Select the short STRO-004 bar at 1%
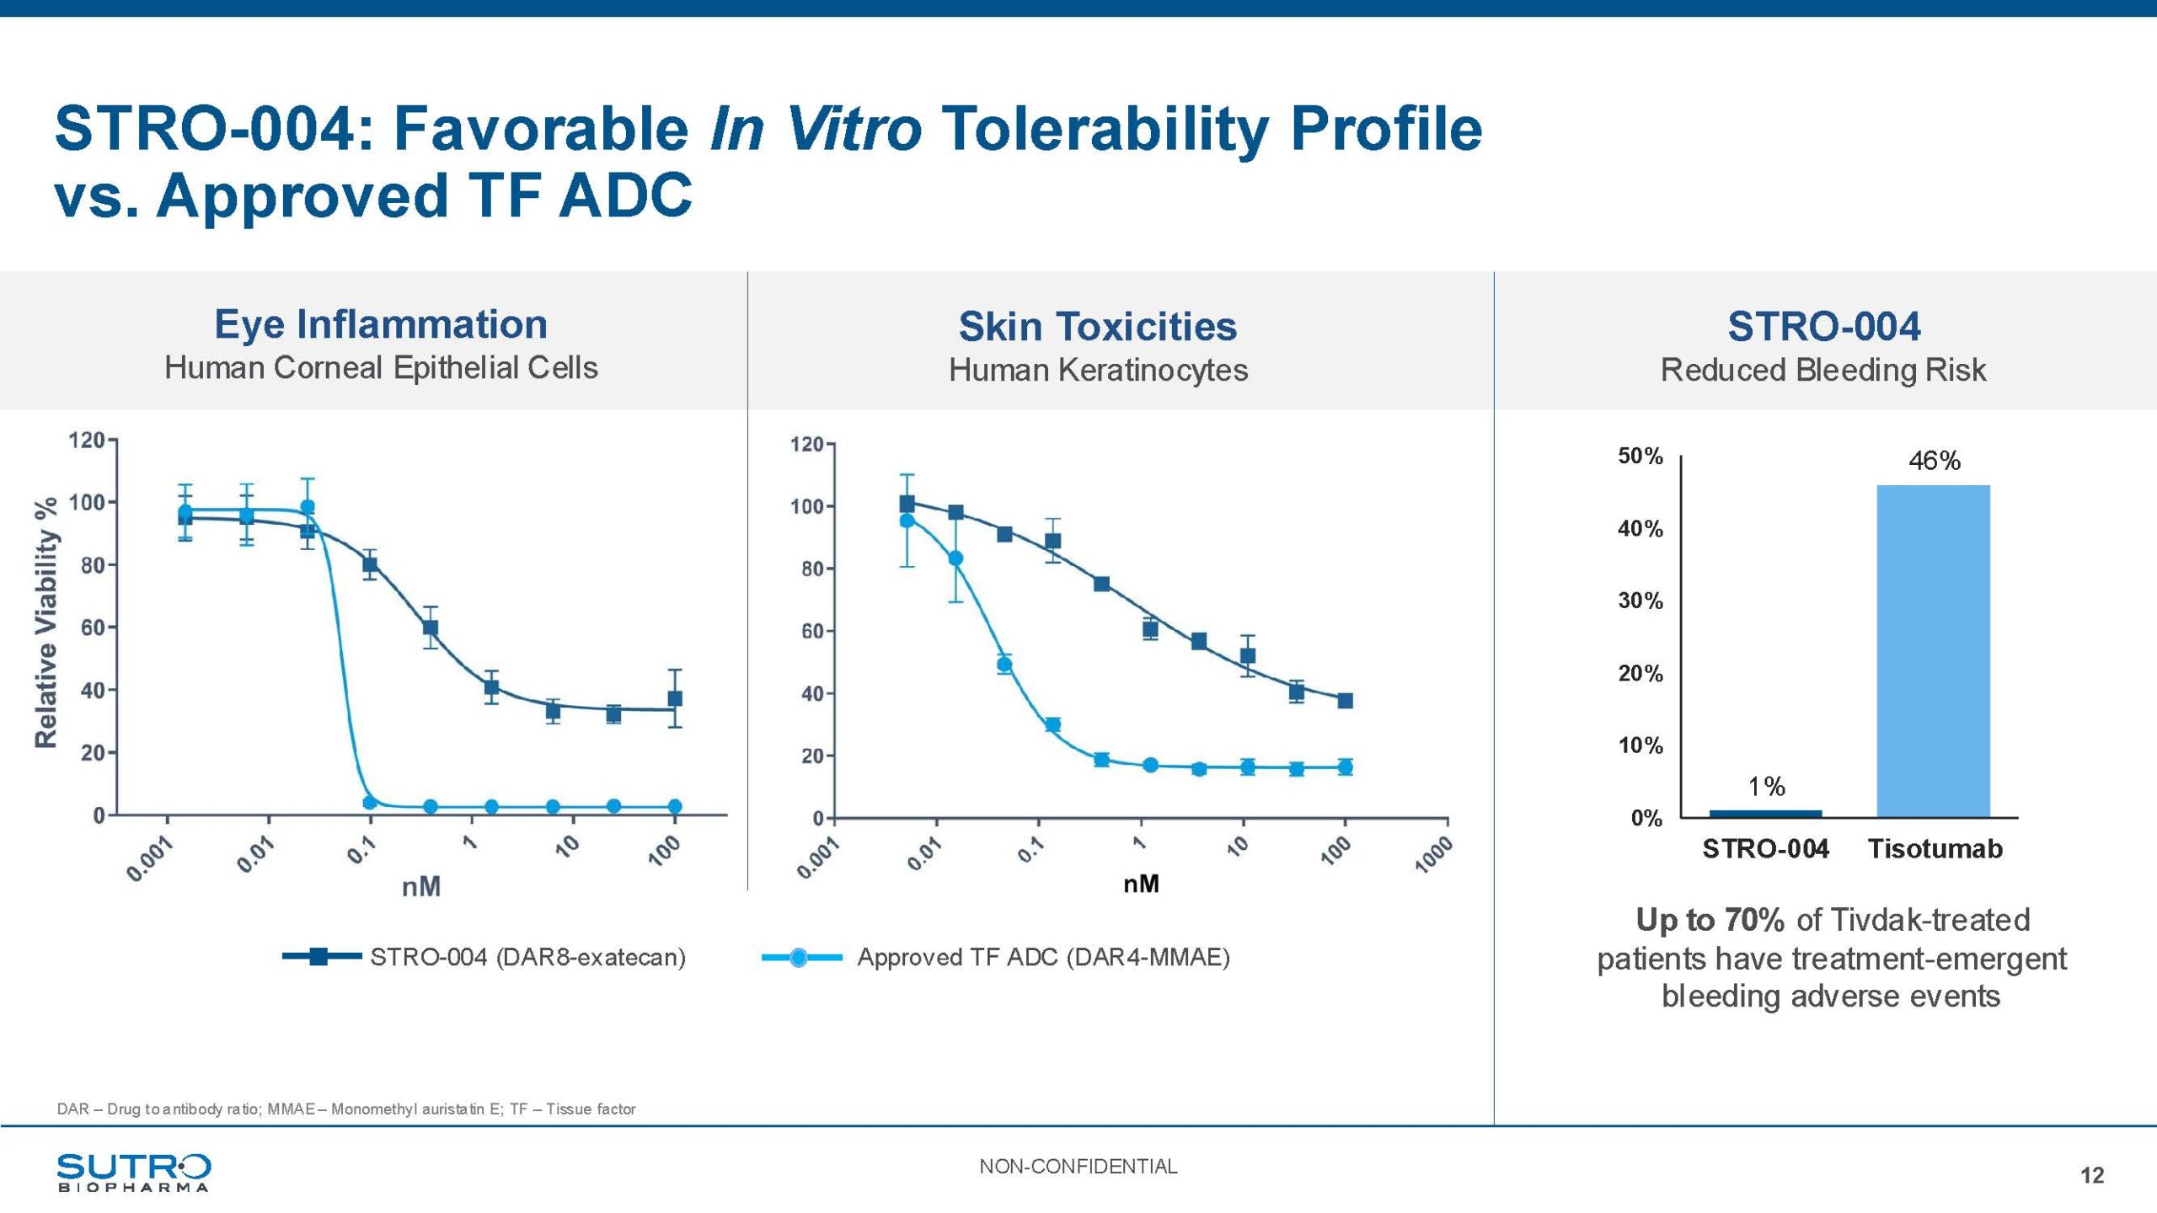point(1765,813)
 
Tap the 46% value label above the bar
point(1934,461)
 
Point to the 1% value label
point(1766,787)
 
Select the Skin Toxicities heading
point(1098,327)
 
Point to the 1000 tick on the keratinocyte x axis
point(1432,856)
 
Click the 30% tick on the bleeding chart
point(1640,601)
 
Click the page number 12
point(2091,1175)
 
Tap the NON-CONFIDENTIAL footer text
point(1078,1167)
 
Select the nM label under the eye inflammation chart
point(420,887)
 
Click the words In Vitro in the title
point(815,129)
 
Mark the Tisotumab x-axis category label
point(1935,848)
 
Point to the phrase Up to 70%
point(1710,920)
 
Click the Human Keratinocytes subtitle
point(1098,371)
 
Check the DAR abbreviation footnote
point(345,1109)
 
